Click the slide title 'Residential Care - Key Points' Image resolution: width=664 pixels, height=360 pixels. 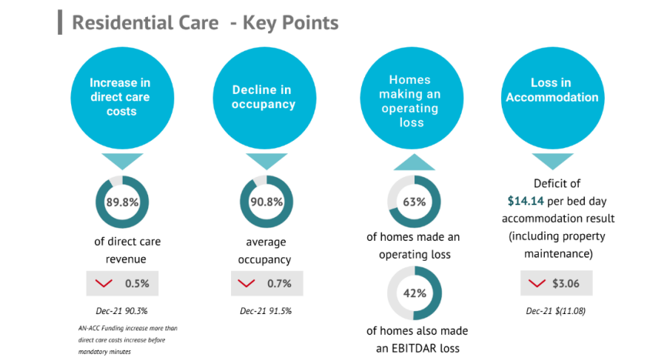click(x=205, y=23)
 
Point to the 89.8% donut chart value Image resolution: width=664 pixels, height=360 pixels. click(x=122, y=202)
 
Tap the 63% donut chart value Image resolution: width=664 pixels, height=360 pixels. click(x=414, y=202)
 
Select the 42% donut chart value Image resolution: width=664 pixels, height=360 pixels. click(x=414, y=293)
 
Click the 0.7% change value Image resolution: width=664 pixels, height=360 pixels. click(x=279, y=284)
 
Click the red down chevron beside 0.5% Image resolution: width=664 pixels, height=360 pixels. click(x=104, y=284)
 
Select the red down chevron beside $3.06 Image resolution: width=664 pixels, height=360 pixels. click(x=538, y=284)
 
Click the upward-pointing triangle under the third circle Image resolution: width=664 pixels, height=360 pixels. click(x=414, y=162)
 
